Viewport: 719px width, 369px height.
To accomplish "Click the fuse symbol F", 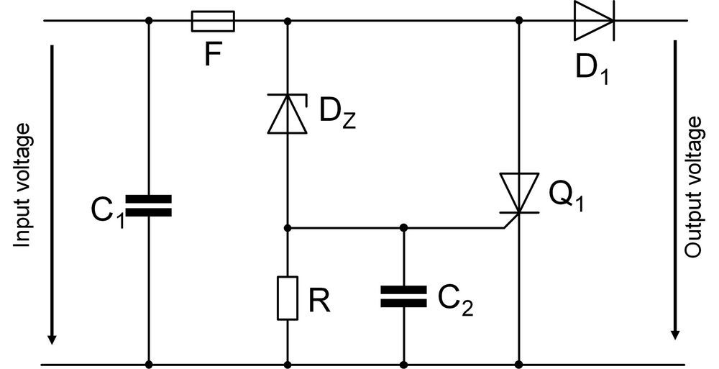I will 213,21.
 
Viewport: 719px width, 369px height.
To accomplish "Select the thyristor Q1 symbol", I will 519,193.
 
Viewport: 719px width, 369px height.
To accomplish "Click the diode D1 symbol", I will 593,21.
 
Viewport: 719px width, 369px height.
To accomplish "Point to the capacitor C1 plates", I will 149,205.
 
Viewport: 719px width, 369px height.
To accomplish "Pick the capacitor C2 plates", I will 403,296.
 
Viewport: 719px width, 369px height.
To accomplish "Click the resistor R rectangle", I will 288,298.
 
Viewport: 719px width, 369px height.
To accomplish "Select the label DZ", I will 336,114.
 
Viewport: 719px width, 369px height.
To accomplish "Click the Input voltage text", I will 24,186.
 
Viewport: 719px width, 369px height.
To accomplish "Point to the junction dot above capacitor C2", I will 403,228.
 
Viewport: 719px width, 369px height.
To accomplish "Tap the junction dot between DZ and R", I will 288,228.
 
